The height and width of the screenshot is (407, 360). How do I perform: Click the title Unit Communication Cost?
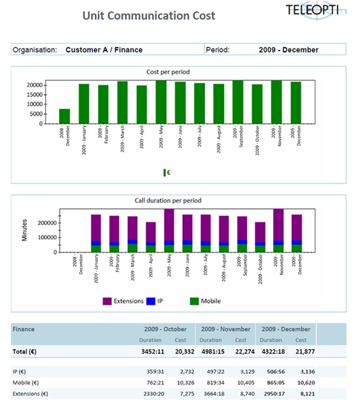pyautogui.click(x=148, y=16)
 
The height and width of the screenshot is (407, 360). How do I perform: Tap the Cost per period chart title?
pyautogui.click(x=168, y=72)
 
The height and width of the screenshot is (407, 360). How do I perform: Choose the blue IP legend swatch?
pyautogui.click(x=152, y=301)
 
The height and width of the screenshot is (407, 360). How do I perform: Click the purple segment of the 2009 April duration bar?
pyautogui.click(x=151, y=232)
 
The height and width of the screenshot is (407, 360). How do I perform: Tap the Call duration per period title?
pyautogui.click(x=168, y=201)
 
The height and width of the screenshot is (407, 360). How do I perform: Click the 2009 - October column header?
pyautogui.click(x=166, y=329)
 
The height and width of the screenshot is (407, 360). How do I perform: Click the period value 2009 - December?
pyautogui.click(x=288, y=50)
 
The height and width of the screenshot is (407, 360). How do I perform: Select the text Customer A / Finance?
pyautogui.click(x=104, y=50)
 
